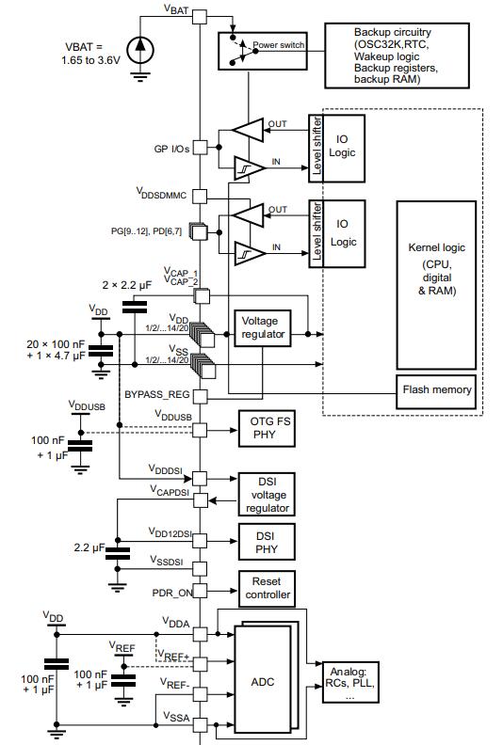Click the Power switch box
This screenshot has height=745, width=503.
click(262, 51)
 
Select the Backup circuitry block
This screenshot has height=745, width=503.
click(397, 55)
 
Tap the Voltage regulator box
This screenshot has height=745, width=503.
click(263, 328)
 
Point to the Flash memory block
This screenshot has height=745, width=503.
click(436, 391)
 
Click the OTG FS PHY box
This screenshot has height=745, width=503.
click(267, 429)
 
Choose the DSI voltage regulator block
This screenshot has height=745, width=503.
click(267, 494)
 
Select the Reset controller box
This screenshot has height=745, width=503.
click(267, 589)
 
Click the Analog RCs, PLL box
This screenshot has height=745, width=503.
click(350, 682)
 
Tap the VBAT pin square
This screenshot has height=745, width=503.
click(200, 17)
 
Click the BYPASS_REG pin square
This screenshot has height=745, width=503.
click(201, 397)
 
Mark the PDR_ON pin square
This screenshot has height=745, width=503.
click(200, 591)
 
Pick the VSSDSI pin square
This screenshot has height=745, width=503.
click(200, 569)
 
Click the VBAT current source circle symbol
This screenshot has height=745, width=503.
click(140, 50)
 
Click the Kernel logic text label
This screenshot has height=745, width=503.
click(436, 247)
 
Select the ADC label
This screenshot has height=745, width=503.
click(263, 682)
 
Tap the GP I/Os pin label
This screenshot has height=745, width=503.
click(171, 149)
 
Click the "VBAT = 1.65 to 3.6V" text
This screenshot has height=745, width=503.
click(90, 54)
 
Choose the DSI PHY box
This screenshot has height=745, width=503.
click(267, 542)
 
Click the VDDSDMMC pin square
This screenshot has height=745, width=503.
click(200, 196)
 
